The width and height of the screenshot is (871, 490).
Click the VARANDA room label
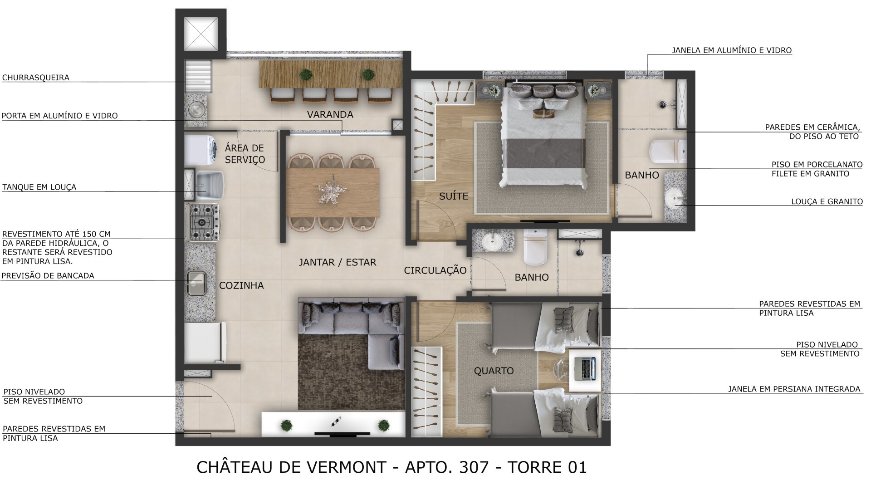tap(330, 114)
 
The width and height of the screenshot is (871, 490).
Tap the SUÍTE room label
tap(453, 196)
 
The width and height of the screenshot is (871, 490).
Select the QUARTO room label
tap(494, 371)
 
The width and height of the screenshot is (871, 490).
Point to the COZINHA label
tap(241, 285)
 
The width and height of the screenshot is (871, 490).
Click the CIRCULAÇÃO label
tap(435, 270)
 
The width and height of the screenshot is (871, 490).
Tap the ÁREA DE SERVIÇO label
tap(245, 153)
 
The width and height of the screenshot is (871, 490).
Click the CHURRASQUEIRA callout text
tap(36, 78)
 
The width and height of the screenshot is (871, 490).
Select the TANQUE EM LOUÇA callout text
tap(39, 187)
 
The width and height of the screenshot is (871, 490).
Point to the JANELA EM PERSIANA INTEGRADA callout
tap(794, 389)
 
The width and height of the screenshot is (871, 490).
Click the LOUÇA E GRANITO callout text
tap(827, 201)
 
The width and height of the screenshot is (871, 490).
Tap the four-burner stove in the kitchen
tap(202, 222)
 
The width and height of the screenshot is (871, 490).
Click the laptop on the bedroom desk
tap(584, 368)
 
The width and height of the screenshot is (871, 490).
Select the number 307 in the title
tap(474, 467)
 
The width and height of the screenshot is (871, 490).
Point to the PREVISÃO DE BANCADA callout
tap(48, 275)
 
